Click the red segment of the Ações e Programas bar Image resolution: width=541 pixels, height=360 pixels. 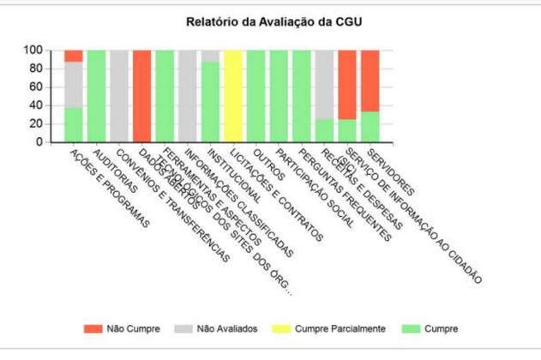[x=74, y=56]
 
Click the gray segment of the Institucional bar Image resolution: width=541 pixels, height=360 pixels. [x=210, y=56]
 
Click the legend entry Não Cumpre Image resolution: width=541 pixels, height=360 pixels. [x=127, y=328]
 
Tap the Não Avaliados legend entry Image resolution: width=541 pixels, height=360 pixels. [x=221, y=328]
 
